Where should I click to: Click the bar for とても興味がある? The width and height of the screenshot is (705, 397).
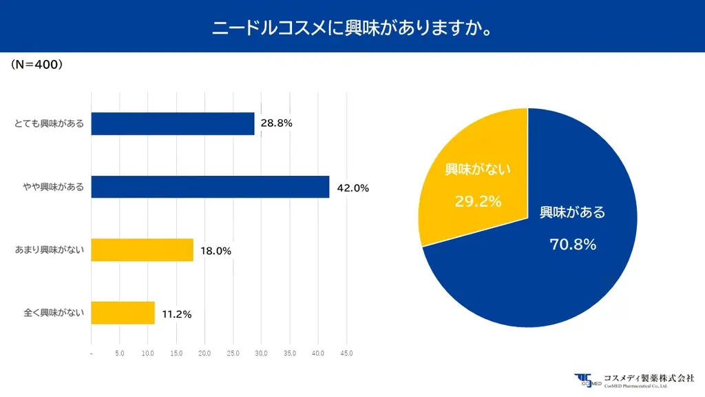pos(173,124)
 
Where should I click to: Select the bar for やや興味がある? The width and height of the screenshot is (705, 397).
pos(210,187)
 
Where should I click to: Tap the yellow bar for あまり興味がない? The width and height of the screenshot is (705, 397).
pos(143,250)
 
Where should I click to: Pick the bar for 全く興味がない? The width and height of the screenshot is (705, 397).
pos(123,313)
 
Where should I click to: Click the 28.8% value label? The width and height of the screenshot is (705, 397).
pos(277,124)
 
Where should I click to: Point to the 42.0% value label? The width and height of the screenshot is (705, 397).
pos(352,187)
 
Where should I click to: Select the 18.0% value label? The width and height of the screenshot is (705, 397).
pos(215,251)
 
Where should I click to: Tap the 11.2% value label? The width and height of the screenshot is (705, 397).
pos(176,314)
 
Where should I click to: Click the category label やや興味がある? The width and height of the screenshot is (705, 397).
pos(50,187)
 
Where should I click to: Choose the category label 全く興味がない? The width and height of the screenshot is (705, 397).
pos(50,314)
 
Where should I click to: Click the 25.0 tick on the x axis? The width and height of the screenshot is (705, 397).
pos(233,354)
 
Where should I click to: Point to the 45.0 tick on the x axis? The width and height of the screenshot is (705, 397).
pos(346,354)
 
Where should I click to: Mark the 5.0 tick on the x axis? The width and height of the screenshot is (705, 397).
pos(120,354)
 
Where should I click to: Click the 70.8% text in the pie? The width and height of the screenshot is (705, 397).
pos(572,244)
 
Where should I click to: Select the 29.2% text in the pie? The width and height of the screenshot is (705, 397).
pos(477,201)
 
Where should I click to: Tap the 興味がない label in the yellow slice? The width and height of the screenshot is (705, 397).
pos(477,169)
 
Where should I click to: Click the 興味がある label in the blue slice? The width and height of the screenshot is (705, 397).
pos(572,212)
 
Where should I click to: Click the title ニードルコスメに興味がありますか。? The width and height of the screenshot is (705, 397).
pos(352,28)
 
